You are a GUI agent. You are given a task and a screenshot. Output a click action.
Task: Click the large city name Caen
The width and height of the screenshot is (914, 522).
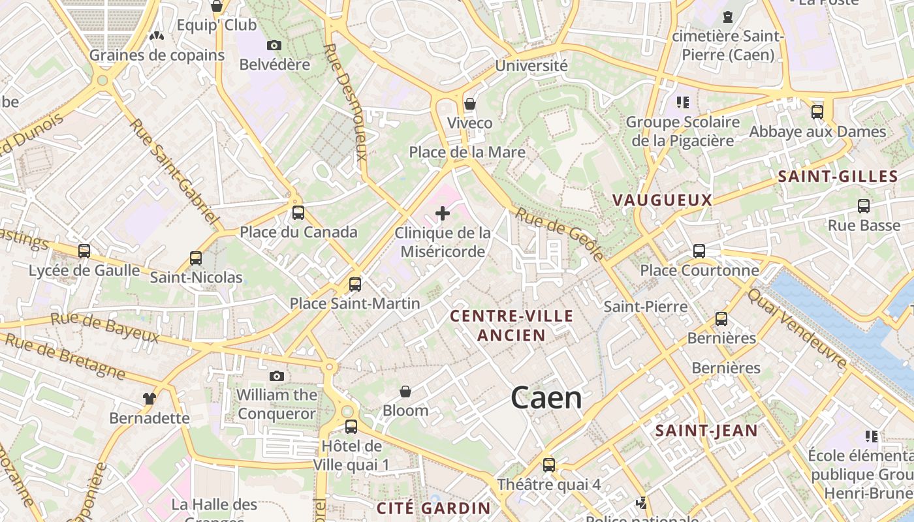pos(546,397)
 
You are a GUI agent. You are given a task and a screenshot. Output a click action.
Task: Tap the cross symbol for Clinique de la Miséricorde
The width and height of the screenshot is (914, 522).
pos(443,213)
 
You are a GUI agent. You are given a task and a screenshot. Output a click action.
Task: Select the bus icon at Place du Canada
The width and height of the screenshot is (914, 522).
pos(298,212)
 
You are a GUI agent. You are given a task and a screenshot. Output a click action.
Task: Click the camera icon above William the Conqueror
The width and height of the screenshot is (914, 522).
pos(277,376)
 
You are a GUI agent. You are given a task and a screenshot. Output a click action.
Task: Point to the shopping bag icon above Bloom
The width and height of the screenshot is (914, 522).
pos(405,391)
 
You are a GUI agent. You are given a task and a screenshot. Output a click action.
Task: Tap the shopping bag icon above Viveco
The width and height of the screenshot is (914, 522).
pos(469,104)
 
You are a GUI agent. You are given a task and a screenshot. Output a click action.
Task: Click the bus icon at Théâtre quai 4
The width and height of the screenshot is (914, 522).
pos(549,465)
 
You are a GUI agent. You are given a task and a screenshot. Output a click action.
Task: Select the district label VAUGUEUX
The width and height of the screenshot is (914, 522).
pos(662,200)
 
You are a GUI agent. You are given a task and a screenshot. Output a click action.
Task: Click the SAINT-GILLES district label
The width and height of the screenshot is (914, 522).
pos(838,176)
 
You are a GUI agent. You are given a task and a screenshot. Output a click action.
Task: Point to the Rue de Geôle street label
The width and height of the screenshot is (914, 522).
pos(560,233)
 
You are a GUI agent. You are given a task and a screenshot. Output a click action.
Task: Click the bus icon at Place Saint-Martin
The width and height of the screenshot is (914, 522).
pos(355,284)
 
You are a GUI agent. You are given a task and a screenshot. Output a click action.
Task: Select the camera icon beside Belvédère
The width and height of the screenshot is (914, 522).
pos(274,45)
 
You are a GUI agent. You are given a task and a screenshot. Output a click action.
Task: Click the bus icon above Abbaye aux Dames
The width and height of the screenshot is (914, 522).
pos(817,112)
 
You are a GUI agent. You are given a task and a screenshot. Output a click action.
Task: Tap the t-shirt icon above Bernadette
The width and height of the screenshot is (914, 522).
pos(150,398)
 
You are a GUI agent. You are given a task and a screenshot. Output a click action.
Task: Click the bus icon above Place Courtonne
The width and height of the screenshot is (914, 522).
pos(699,251)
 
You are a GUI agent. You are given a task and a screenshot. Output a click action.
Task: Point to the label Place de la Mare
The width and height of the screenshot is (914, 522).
pos(467,152)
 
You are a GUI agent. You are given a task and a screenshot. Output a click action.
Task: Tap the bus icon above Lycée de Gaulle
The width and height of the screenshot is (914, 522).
pos(84,251)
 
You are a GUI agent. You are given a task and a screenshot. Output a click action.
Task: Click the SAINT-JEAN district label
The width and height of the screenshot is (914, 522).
pos(706,431)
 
